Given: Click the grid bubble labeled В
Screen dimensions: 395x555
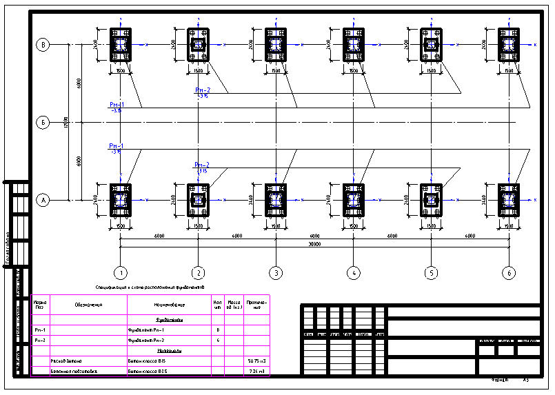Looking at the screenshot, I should (x=43, y=45).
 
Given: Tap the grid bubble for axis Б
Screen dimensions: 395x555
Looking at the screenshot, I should (x=43, y=123).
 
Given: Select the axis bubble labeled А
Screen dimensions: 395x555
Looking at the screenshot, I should (x=43, y=201).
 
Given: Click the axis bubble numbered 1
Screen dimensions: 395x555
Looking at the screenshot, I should (x=120, y=272).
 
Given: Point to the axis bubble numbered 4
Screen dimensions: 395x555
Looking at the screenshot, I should (x=354, y=272).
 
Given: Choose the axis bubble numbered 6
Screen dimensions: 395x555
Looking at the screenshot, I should (x=509, y=272).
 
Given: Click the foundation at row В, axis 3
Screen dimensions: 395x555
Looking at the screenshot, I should (x=276, y=45).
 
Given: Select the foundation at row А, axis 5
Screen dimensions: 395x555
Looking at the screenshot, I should (x=432, y=201).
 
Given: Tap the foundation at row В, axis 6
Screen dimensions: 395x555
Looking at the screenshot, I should (x=509, y=45).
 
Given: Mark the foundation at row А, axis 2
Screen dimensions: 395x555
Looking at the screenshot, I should (x=199, y=201).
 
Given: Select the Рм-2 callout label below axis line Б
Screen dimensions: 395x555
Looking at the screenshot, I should (x=202, y=165).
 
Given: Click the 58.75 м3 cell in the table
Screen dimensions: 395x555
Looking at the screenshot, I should (x=256, y=361).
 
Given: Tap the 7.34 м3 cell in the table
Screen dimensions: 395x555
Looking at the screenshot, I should (x=256, y=371).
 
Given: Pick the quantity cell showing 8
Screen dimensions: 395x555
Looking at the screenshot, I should (x=218, y=331).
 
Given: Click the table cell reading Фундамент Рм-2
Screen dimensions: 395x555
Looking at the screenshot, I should (x=151, y=341).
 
